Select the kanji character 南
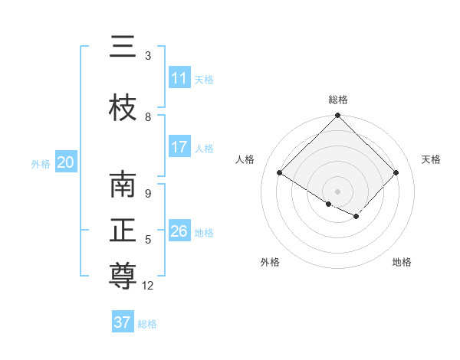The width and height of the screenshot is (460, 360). (123, 185)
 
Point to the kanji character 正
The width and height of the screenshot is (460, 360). (123, 231)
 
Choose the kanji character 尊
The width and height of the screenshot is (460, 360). (123, 275)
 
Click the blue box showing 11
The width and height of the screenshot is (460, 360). (179, 78)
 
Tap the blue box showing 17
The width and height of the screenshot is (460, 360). (179, 147)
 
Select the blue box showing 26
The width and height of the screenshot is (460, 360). (179, 231)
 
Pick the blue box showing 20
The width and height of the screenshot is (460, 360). (66, 162)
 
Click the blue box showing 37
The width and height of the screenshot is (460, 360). (123, 322)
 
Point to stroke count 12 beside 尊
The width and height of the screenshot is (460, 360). (148, 286)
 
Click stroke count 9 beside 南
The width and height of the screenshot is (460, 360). (148, 194)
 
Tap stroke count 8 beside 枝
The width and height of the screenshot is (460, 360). (148, 117)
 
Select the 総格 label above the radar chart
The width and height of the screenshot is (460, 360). (338, 100)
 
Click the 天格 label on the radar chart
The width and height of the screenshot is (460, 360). (431, 159)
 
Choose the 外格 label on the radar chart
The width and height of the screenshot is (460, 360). (270, 262)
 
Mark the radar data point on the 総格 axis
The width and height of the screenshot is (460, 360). (338, 116)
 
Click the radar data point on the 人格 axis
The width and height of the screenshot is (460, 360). (280, 173)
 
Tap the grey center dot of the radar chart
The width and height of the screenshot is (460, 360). (338, 191)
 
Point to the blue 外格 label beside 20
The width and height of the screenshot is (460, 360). (41, 163)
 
